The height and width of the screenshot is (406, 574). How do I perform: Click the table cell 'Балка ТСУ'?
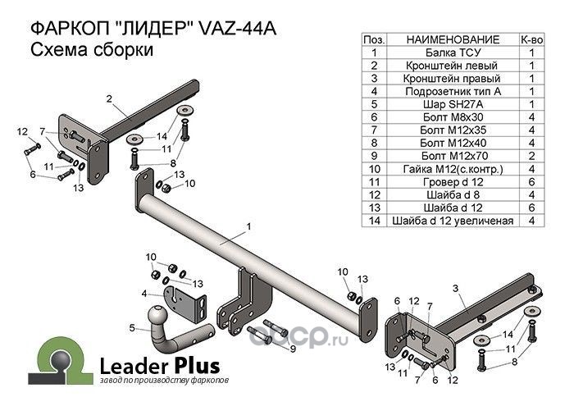(453, 52)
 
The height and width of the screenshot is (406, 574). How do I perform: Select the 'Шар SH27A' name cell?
(453, 104)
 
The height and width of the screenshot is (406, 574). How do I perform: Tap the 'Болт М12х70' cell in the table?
(453, 156)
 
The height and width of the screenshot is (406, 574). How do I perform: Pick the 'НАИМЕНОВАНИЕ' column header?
(453, 39)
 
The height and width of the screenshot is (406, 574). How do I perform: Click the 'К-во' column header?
(531, 39)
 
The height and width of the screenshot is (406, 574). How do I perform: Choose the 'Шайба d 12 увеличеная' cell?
(453, 221)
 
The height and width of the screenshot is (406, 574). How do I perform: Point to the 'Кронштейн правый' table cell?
(453, 79)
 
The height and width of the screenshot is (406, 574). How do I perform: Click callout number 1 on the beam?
(248, 227)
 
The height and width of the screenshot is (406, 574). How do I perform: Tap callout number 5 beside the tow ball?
(132, 327)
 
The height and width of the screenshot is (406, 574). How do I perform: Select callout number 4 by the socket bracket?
(144, 294)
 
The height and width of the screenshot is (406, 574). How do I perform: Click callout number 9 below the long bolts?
(293, 349)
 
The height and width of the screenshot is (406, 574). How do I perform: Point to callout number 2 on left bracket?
(109, 99)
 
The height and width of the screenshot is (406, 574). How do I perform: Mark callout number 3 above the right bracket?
(455, 289)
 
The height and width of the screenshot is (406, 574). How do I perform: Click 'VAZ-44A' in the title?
(237, 29)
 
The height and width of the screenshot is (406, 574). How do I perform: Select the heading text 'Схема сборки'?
(92, 49)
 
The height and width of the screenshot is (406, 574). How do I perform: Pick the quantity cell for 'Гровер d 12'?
(531, 182)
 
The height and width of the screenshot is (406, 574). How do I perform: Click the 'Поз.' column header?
(374, 39)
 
